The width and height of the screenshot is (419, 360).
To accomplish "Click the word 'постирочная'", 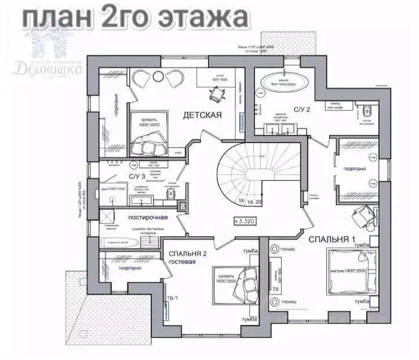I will coord(148,217).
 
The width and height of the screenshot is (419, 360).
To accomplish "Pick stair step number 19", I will coord(249,202).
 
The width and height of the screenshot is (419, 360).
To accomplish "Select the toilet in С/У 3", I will coord(169,194).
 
